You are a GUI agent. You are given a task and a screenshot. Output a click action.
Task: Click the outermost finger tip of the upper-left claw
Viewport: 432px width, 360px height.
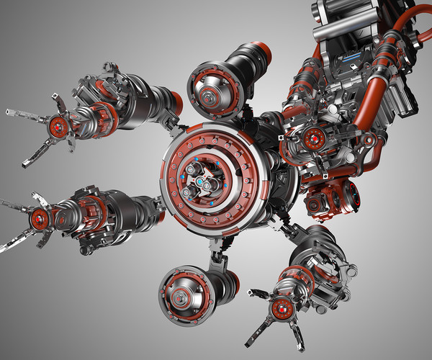click(10, 112)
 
